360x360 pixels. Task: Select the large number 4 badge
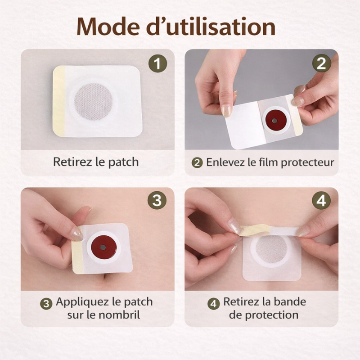coord(321,200)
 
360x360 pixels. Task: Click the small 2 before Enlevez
coord(197,163)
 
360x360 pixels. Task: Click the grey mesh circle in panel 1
coord(93,101)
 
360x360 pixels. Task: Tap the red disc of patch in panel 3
coord(103,248)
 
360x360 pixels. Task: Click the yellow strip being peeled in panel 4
coord(255,230)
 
